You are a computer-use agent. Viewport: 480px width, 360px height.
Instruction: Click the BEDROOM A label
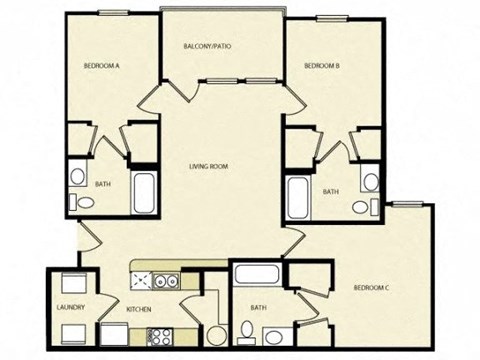click(103, 67)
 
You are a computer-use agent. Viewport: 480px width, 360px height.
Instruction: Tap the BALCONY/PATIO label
click(208, 47)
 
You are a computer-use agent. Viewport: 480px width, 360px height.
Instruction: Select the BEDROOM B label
click(323, 67)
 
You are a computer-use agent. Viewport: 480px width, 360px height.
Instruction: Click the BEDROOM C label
click(371, 288)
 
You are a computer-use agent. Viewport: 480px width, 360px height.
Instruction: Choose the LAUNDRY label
click(70, 308)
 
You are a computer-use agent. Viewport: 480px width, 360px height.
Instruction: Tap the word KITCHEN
click(138, 309)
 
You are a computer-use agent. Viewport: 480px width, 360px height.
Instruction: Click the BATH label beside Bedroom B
click(330, 191)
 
